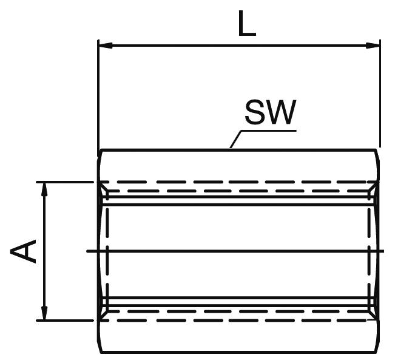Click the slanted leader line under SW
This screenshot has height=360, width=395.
237,140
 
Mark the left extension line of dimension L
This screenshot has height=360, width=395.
98,91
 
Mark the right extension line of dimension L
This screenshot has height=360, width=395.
380,91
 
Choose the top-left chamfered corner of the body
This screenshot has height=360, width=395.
100,153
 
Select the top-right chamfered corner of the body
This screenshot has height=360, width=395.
377,153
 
